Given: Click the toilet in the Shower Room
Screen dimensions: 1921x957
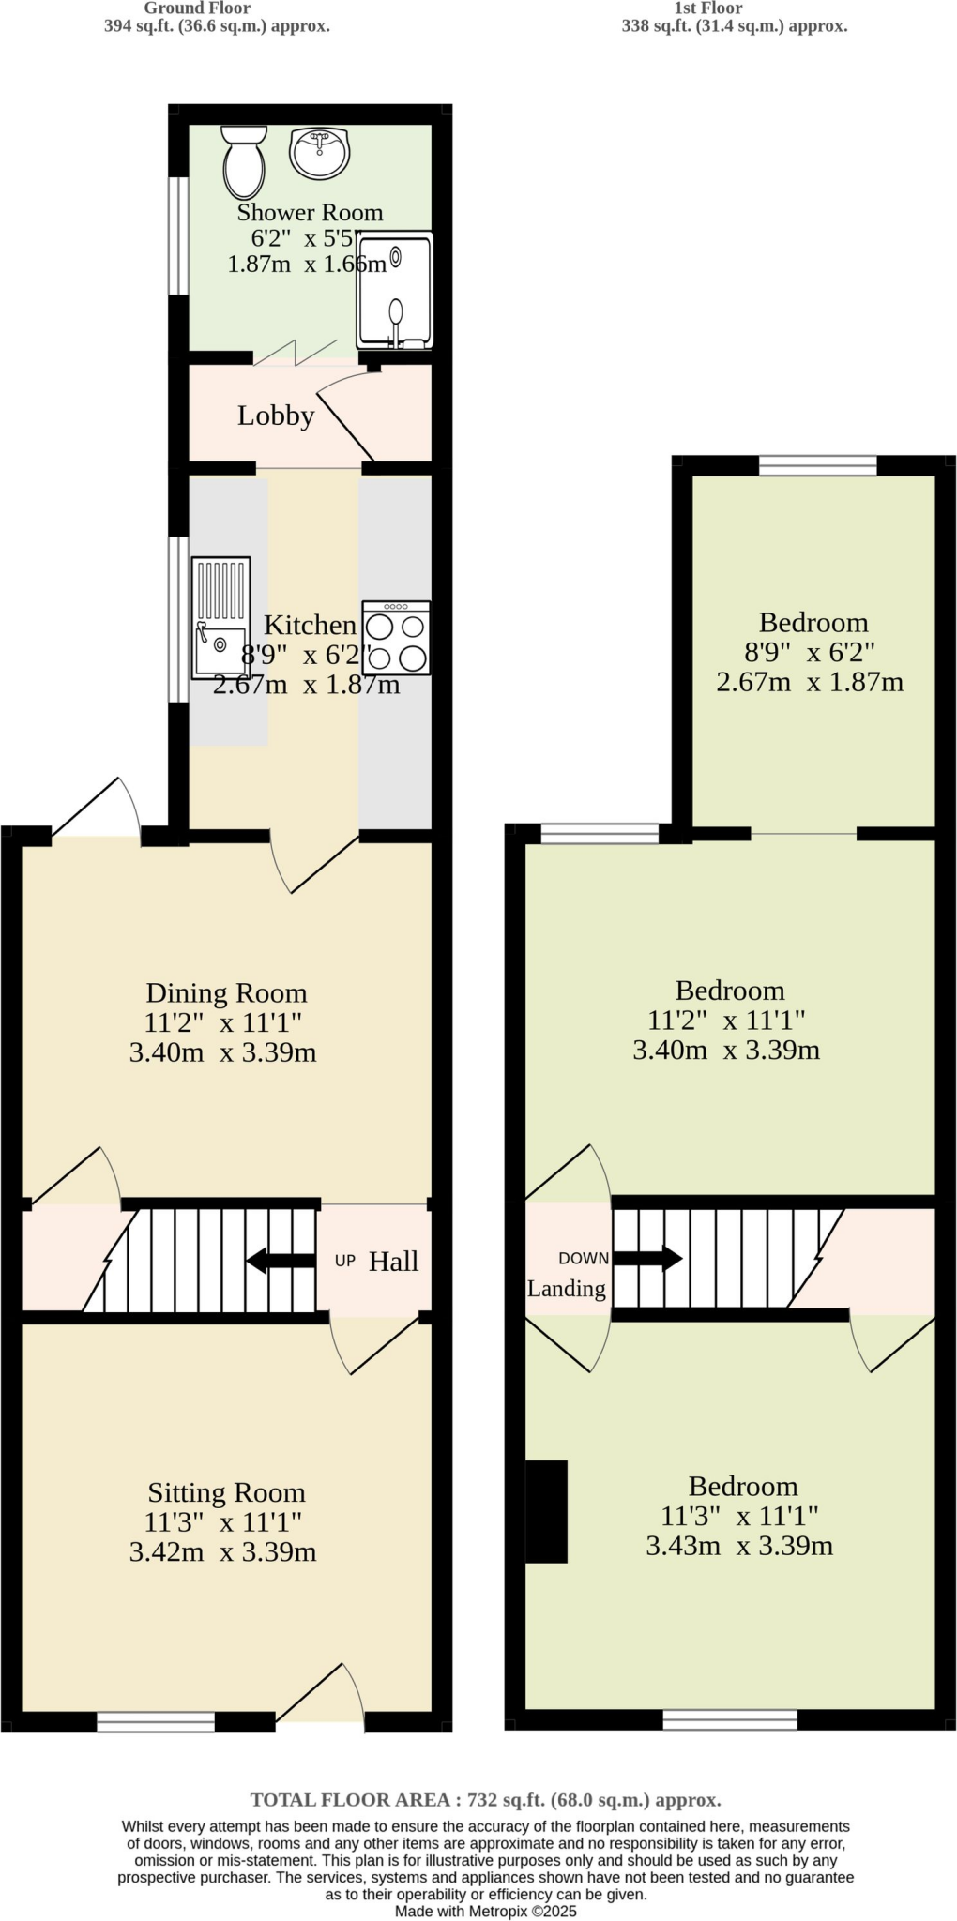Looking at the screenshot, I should (244, 160).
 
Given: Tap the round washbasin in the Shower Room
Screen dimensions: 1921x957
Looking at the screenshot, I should (319, 153).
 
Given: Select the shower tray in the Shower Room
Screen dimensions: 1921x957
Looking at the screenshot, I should (395, 290).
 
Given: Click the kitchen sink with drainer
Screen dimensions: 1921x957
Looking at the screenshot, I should (221, 617).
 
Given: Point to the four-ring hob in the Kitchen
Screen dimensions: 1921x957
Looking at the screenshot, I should (396, 638).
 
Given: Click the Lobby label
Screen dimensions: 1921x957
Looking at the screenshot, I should (275, 416).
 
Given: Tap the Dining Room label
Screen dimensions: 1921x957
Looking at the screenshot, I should (226, 992).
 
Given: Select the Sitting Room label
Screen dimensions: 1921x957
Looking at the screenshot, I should (226, 1492).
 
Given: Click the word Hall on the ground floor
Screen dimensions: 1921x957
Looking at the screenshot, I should (393, 1262).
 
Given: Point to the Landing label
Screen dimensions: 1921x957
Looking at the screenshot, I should (566, 1289).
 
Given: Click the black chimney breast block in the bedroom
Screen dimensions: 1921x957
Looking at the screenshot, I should (546, 1511).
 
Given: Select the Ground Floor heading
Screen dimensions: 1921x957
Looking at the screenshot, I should (197, 8).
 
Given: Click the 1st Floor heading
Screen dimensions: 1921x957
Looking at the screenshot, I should (708, 8).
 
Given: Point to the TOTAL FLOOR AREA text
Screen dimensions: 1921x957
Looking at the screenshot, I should (485, 1800).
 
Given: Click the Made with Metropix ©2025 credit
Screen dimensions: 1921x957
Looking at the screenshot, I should (485, 1911).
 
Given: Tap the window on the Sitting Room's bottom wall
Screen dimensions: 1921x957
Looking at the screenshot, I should (156, 1721).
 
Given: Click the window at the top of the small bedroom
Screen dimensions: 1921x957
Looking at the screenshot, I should (817, 465).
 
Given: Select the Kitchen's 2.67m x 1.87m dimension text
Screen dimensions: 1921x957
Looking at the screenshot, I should (306, 685).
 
